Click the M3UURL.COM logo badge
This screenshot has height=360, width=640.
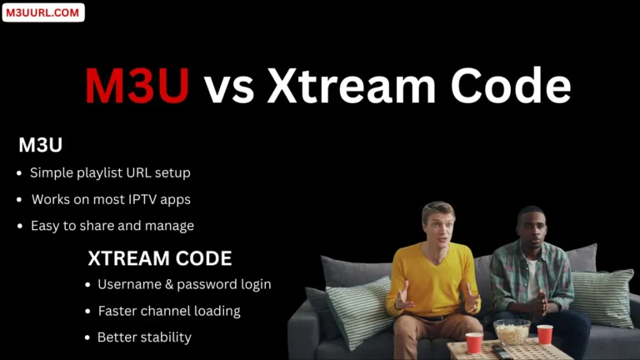[43, 12]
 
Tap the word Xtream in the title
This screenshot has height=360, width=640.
[355, 87]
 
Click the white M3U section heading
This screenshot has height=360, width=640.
[41, 145]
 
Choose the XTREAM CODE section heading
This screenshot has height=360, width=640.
[160, 258]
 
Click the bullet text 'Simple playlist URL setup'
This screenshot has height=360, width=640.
[110, 173]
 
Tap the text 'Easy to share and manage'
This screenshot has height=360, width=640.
[112, 226]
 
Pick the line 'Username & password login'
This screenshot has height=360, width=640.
[184, 284]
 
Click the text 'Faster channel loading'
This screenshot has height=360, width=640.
[168, 311]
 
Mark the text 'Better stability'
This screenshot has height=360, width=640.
[144, 337]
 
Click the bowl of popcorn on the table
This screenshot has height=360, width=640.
[512, 331]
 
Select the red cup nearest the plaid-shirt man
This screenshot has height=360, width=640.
[544, 333]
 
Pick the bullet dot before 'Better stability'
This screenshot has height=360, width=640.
[88, 337]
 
